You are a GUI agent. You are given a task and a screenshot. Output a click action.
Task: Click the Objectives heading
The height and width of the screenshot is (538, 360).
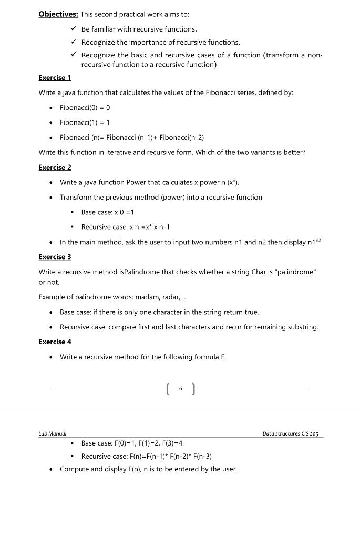58,14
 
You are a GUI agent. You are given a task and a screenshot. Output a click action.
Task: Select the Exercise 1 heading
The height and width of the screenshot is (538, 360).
55,78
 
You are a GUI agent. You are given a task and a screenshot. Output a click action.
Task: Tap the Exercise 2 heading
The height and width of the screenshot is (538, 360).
55,168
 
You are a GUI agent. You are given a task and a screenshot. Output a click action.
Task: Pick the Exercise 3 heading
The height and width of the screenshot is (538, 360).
55,257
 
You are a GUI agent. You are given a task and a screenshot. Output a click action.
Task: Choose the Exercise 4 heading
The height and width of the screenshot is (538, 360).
55,342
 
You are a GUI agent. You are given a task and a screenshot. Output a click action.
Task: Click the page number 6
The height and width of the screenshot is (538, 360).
180,389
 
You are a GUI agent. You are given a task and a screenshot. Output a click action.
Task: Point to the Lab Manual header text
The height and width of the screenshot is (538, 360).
52,433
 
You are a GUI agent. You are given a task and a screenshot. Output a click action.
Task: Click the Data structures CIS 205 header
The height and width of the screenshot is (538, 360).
290,433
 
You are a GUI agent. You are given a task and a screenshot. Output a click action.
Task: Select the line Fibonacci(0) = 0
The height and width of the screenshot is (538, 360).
85,108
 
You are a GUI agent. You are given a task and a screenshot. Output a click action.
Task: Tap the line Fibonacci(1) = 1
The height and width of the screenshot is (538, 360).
85,122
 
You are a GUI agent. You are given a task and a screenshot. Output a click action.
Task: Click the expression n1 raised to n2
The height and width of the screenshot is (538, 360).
314,242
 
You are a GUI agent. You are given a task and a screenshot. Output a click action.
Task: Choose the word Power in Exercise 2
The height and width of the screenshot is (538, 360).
136,182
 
